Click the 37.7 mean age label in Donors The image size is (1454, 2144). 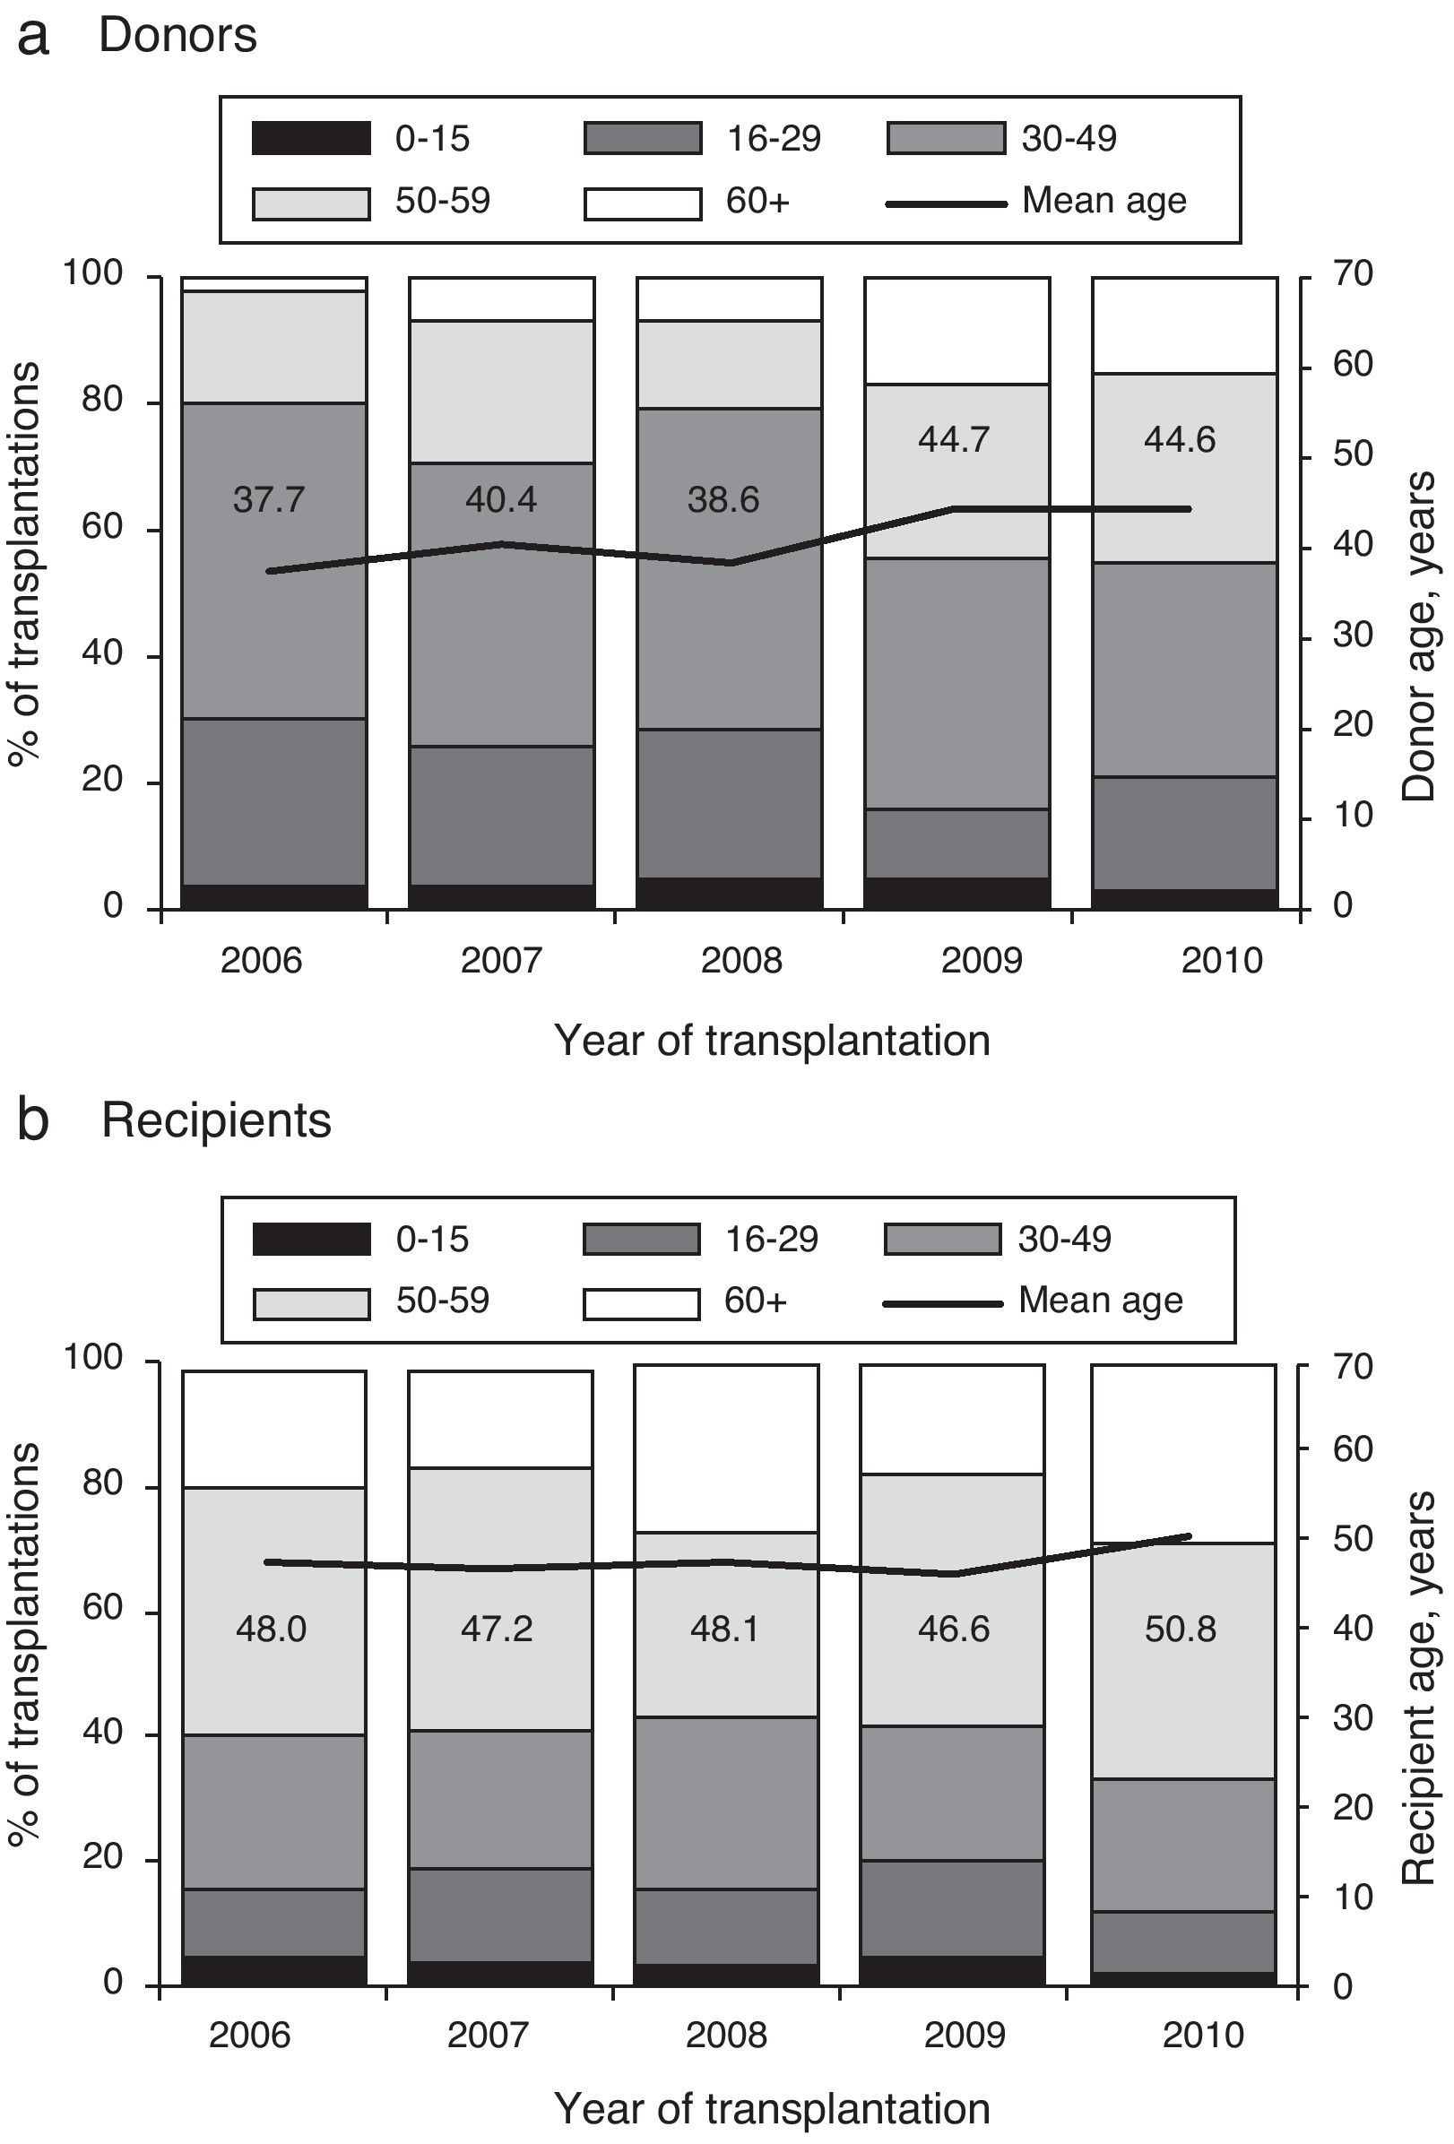tap(268, 500)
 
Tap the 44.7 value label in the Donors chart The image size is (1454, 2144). tap(954, 440)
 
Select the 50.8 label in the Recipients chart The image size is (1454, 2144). tap(1180, 1630)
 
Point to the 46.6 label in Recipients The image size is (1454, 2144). tap(953, 1630)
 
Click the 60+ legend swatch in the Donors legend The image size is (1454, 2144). tap(642, 203)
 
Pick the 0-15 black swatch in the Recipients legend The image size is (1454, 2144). tap(311, 1239)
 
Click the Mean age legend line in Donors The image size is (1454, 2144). tap(946, 203)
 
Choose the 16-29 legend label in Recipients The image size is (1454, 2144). tap(771, 1239)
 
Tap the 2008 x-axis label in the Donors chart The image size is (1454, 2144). tap(740, 960)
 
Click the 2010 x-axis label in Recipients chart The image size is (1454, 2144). tap(1203, 2035)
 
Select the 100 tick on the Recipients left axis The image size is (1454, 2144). tap(92, 1357)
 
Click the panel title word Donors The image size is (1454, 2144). tap(177, 36)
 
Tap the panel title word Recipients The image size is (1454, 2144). tap(216, 1121)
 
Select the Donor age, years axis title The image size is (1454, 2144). tap(1419, 636)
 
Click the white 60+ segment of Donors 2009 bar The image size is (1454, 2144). tap(956, 330)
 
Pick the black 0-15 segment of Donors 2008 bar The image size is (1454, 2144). tap(729, 893)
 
